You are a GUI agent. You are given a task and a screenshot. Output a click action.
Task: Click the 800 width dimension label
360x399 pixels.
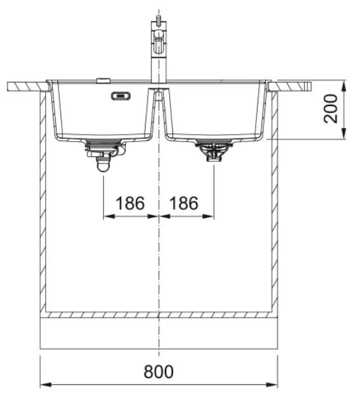tap(158, 372)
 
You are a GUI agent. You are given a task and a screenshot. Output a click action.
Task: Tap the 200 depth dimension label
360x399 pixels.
tap(331, 109)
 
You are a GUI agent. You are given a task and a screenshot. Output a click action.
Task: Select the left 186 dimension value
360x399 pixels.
tap(130, 203)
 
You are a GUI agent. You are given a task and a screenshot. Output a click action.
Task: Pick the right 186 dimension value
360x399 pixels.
tap(184, 203)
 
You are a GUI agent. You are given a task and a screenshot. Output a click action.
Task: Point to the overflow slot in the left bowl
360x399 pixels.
tap(121, 96)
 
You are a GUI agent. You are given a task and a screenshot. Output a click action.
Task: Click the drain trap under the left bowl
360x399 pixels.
tap(104, 155)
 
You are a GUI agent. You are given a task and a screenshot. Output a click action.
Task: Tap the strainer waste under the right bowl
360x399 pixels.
tap(214, 151)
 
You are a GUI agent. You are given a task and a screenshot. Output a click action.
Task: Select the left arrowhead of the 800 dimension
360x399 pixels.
tap(46, 384)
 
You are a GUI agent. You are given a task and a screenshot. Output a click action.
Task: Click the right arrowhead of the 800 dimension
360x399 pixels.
tap(272, 384)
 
